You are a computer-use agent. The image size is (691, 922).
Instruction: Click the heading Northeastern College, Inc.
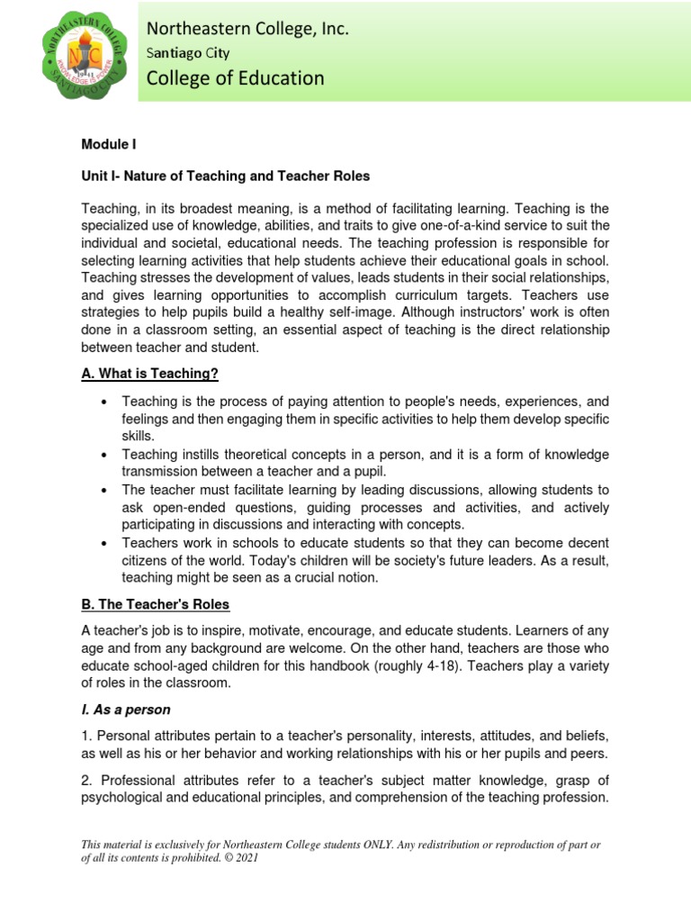click(247, 30)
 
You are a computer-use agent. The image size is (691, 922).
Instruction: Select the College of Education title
click(236, 79)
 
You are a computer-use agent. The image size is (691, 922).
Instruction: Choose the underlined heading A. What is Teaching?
click(151, 375)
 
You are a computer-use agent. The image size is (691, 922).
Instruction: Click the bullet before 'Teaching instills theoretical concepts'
click(105, 455)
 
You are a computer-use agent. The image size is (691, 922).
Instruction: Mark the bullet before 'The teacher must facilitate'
click(105, 491)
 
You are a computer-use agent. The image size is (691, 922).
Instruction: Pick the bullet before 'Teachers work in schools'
click(105, 544)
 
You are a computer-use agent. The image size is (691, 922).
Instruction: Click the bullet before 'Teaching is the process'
click(105, 402)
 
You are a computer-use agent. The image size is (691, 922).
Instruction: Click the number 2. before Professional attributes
click(88, 781)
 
